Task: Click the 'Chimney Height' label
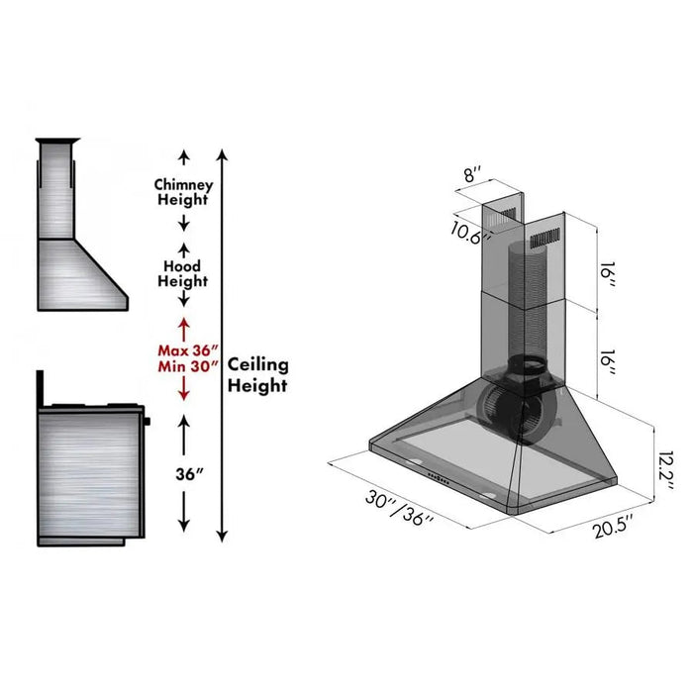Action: pos(182,192)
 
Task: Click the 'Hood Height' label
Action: pos(182,273)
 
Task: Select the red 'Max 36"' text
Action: pos(182,349)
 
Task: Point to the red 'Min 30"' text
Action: pos(182,366)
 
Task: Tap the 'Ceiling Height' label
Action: pos(258,373)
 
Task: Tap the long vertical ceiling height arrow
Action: pos(223,346)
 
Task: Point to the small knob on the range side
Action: pos(148,423)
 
